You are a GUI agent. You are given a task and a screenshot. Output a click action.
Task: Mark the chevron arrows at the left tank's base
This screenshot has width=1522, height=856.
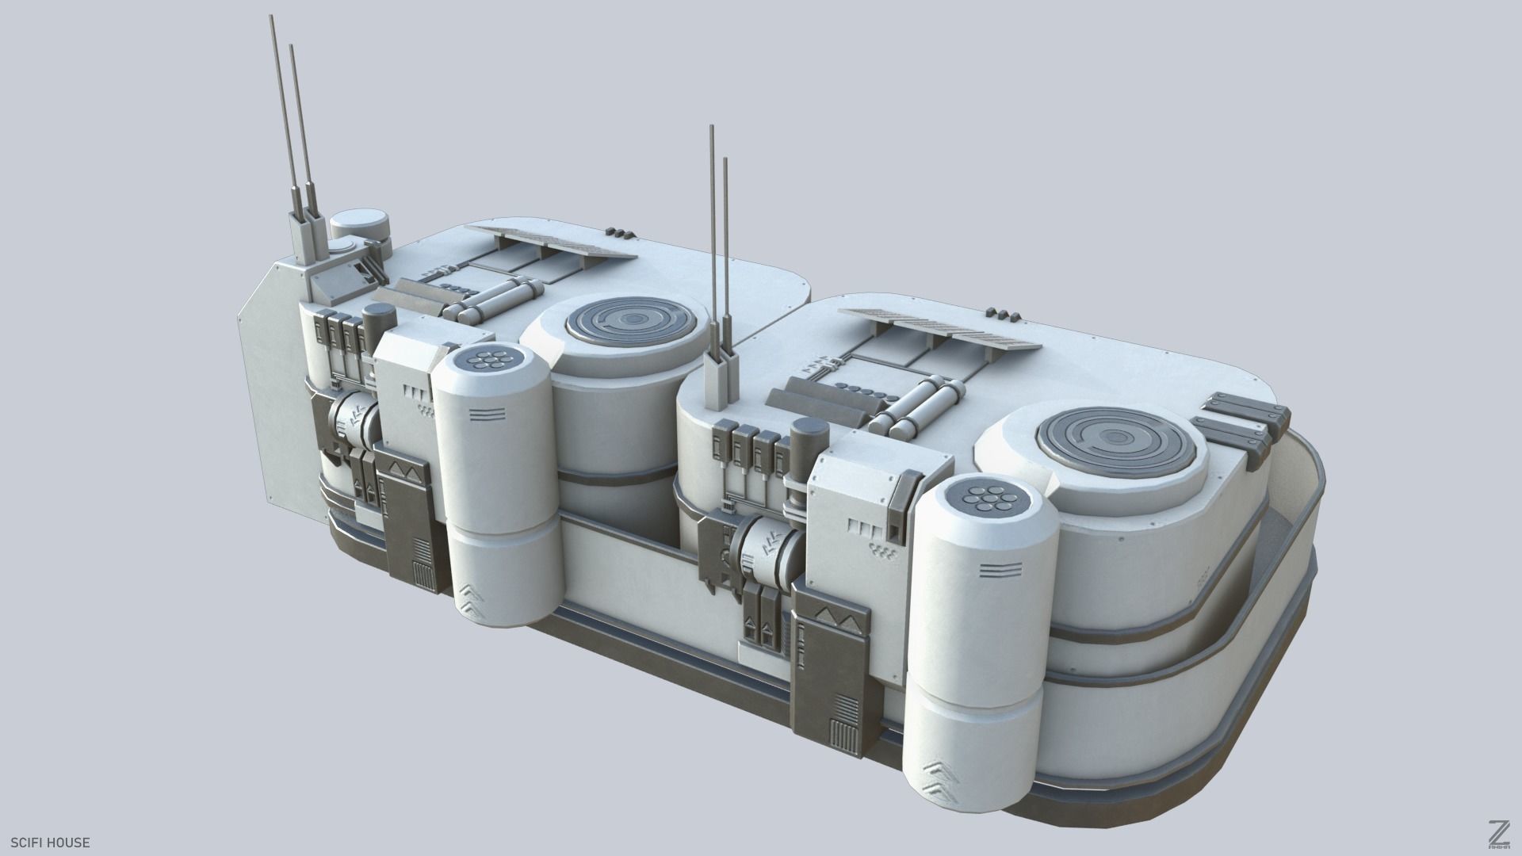coord(473,598)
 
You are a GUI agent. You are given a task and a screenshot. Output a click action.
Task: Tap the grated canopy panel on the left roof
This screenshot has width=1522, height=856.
coord(551,240)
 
